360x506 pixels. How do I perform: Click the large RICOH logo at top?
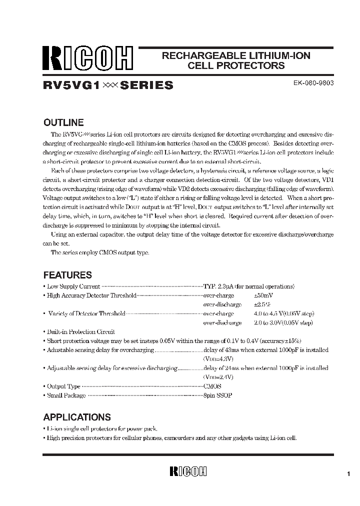tap(87, 60)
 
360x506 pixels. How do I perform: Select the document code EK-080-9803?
tap(313, 83)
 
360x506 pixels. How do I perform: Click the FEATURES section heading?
tap(67, 275)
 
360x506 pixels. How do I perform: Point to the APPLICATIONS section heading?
tap(77, 417)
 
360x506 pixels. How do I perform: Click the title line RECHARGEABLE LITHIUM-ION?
tap(236, 55)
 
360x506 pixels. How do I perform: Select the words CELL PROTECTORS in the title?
tap(236, 65)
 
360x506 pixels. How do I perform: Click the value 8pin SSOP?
tap(217, 395)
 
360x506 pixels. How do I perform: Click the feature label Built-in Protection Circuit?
tap(81, 331)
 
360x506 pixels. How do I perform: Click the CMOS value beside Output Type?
tap(212, 386)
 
